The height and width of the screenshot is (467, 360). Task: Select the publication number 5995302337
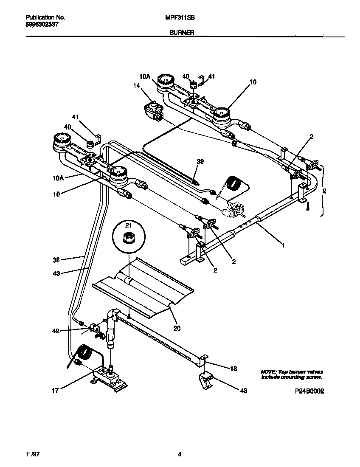(42, 25)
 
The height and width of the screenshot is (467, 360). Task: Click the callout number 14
(136, 86)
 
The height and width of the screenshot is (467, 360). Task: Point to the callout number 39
(200, 161)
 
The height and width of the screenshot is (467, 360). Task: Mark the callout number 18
(233, 369)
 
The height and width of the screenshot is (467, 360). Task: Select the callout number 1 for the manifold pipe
(283, 245)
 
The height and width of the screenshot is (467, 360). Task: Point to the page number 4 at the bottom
(180, 454)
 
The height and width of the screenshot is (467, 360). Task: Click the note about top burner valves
(291, 374)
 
